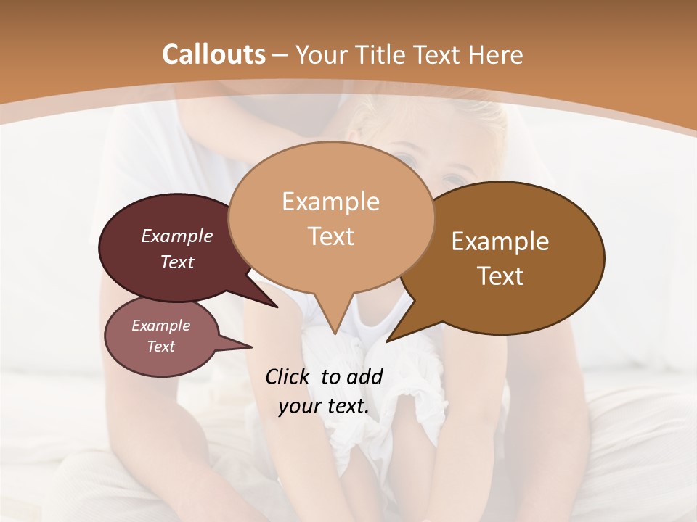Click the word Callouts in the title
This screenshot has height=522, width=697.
pyautogui.click(x=213, y=54)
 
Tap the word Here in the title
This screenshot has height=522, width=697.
pyautogui.click(x=495, y=54)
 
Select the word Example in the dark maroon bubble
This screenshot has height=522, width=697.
pyautogui.click(x=177, y=236)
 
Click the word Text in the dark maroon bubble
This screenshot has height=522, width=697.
pyautogui.click(x=177, y=262)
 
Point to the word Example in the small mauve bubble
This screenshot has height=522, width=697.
pyautogui.click(x=161, y=326)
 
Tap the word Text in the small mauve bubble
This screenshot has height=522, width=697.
pyautogui.click(x=161, y=347)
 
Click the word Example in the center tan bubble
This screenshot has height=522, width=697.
pyautogui.click(x=330, y=202)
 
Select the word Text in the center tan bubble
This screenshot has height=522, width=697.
pyautogui.click(x=330, y=236)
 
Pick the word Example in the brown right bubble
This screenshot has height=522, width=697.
pyautogui.click(x=500, y=241)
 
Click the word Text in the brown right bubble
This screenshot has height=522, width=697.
pyautogui.click(x=500, y=275)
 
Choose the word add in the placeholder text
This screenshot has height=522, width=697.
pyautogui.click(x=366, y=376)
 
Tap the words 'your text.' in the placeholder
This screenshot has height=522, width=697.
pyautogui.click(x=324, y=407)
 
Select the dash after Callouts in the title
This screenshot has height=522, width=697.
pyautogui.click(x=281, y=54)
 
